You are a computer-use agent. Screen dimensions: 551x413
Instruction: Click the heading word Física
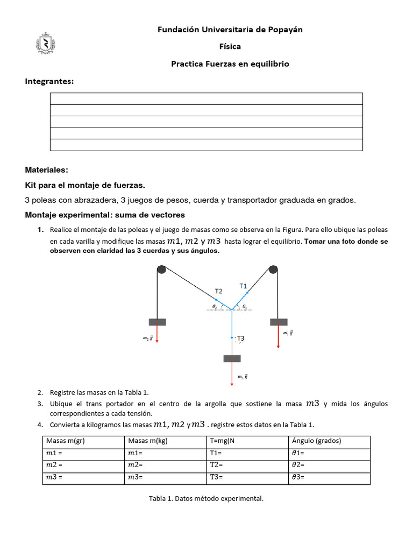[x=230, y=47]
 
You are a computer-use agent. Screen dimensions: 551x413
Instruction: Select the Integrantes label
[x=49, y=81]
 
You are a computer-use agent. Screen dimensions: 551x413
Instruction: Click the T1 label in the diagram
[x=243, y=286]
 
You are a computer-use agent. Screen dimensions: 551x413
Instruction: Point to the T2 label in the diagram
[x=218, y=291]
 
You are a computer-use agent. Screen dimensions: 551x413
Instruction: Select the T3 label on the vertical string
[x=240, y=338]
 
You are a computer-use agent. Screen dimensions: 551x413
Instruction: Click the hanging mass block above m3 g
[x=232, y=358]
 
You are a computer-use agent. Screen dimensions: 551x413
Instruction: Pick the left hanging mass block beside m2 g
[x=157, y=322]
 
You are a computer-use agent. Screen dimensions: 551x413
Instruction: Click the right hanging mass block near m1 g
[x=278, y=322]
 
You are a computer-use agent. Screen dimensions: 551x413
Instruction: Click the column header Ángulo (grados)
[x=316, y=441]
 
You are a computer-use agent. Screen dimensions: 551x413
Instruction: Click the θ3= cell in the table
[x=298, y=478]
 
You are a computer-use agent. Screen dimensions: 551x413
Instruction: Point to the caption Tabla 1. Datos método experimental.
[x=206, y=499]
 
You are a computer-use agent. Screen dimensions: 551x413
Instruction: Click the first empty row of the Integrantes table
[x=206, y=98]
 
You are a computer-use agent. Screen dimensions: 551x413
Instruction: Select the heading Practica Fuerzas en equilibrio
[x=230, y=64]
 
